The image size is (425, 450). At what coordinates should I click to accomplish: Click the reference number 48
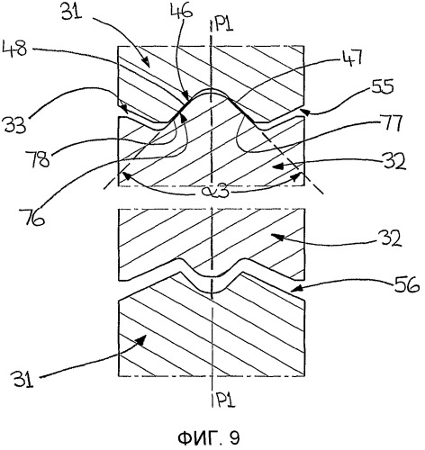tap(14, 49)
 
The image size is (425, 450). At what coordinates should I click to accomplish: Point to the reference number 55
tap(382, 87)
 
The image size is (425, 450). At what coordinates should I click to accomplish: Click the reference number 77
tap(390, 123)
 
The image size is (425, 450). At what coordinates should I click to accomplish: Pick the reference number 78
tap(38, 159)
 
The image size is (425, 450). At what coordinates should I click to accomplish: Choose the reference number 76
tap(32, 216)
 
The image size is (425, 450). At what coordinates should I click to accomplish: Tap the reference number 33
tap(15, 124)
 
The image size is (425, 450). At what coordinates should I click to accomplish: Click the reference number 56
tap(407, 284)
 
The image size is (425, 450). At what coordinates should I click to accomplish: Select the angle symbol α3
tap(212, 191)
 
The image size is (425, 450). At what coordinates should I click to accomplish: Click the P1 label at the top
tap(223, 24)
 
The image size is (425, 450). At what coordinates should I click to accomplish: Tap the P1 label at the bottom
tap(225, 400)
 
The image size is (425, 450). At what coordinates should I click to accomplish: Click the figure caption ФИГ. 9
tap(209, 438)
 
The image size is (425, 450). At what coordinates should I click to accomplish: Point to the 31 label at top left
tap(72, 12)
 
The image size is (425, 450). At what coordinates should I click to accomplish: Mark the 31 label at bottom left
tap(23, 379)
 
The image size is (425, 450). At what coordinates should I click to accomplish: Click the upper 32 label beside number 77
tap(394, 161)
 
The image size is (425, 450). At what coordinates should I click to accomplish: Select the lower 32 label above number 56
tap(390, 238)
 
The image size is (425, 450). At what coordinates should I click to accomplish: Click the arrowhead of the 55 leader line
tap(303, 112)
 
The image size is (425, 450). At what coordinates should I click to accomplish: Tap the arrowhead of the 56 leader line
tap(295, 289)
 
